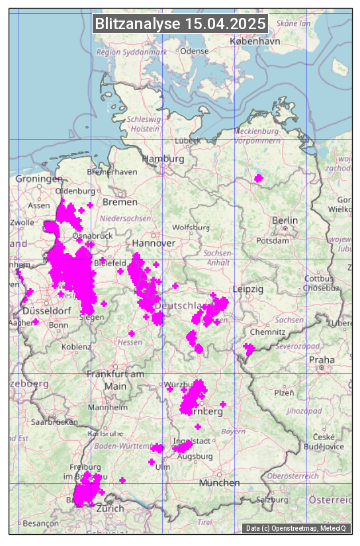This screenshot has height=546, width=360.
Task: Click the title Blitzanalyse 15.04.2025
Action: click(x=180, y=24)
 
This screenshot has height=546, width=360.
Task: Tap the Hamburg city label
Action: click(x=163, y=159)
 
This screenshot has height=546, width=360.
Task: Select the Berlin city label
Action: click(x=285, y=220)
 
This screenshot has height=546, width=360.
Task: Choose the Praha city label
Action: click(x=322, y=359)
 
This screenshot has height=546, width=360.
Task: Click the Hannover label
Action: click(x=154, y=243)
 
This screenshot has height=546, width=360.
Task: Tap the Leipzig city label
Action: click(x=248, y=289)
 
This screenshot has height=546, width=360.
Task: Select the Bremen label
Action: click(x=120, y=201)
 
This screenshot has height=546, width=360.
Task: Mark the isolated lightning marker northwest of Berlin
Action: click(x=258, y=177)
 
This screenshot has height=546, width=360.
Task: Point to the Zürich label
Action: click(x=110, y=508)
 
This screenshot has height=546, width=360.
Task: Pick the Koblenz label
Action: click(x=76, y=347)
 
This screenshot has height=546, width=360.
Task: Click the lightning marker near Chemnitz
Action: click(x=249, y=349)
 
